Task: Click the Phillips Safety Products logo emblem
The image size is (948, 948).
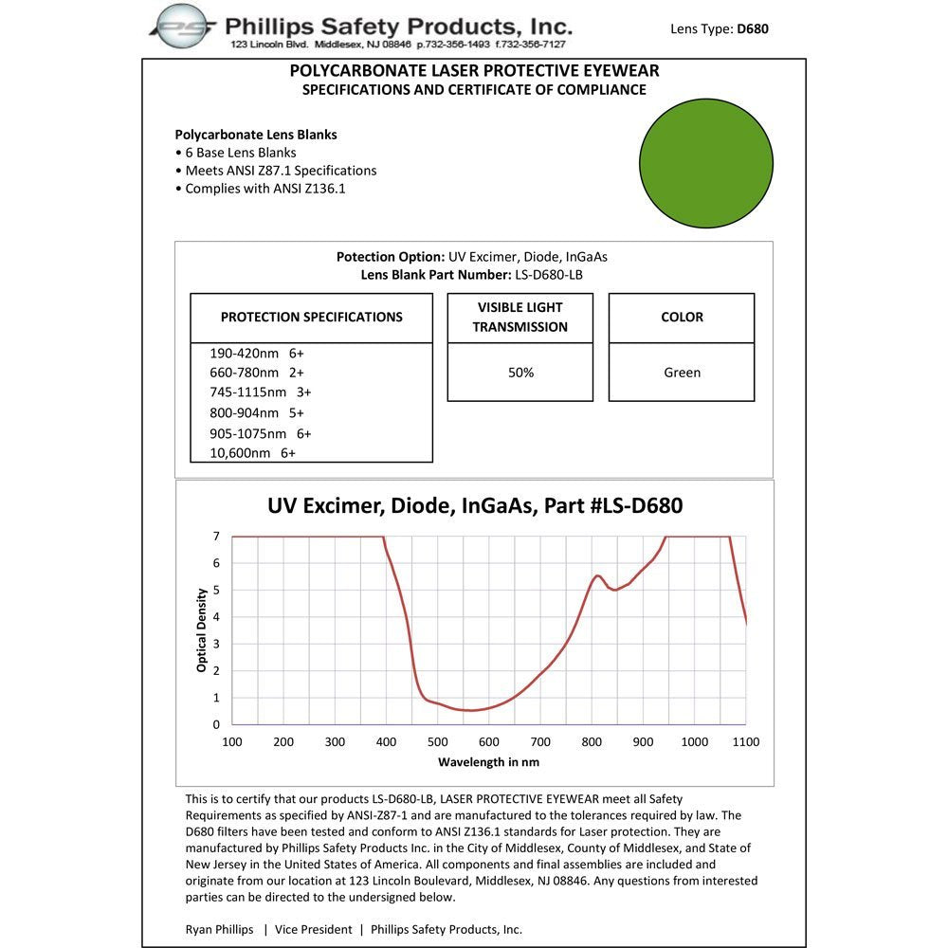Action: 186,27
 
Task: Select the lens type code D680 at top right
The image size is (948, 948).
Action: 753,28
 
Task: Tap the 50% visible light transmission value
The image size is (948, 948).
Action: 520,373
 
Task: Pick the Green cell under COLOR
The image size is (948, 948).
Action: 682,373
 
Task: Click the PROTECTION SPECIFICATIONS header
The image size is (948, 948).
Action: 311,317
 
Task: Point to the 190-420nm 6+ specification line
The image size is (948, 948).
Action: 257,353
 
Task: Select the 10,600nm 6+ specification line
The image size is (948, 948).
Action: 252,453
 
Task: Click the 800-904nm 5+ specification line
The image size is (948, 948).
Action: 257,412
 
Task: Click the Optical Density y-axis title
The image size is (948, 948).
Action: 201,630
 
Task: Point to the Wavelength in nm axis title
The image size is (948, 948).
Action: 488,761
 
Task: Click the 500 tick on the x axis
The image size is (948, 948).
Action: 437,741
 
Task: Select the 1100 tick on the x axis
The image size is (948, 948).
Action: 746,741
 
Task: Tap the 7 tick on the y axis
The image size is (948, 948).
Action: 216,537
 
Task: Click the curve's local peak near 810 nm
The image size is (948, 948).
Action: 597,575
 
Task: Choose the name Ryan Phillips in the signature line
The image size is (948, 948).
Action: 219,929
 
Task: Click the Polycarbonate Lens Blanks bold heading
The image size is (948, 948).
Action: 256,135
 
